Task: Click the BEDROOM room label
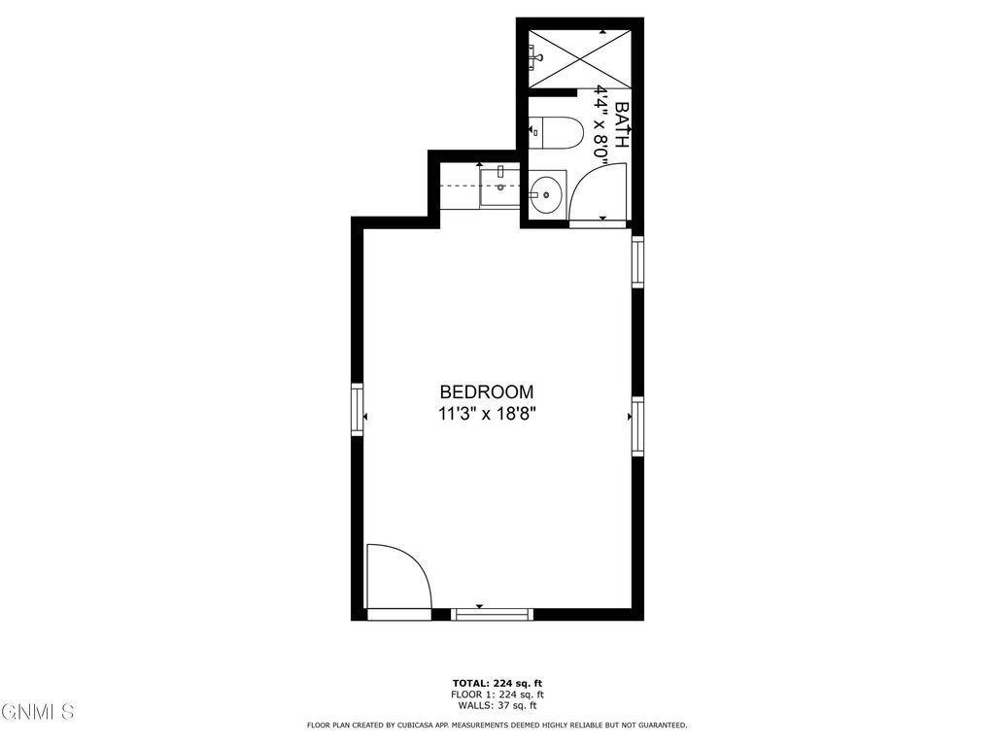(487, 392)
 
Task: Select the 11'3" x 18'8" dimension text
(487, 415)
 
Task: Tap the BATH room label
(623, 124)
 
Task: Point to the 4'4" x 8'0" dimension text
(601, 126)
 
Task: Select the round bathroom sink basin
(547, 194)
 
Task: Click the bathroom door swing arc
(595, 189)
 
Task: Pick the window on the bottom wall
(494, 613)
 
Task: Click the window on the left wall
(357, 417)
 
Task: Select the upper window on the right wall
(637, 261)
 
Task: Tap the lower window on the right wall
(637, 426)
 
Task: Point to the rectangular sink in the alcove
(499, 186)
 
